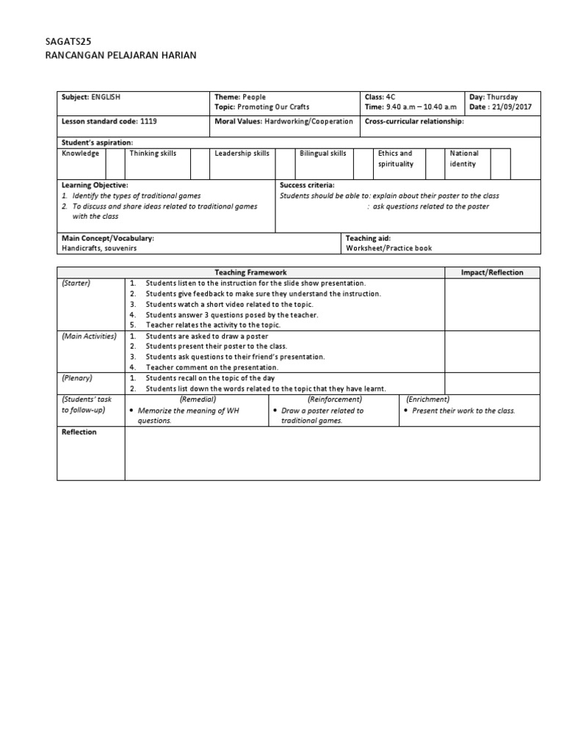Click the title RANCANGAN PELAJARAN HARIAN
121,56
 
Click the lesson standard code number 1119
148,121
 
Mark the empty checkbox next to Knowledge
115,163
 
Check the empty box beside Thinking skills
200,163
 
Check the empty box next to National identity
500,163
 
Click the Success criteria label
307,186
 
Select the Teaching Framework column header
251,272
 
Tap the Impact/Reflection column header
492,272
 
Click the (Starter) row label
76,283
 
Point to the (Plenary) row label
76,377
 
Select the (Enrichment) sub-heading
428,399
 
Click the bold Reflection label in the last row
79,433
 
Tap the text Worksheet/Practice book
388,248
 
